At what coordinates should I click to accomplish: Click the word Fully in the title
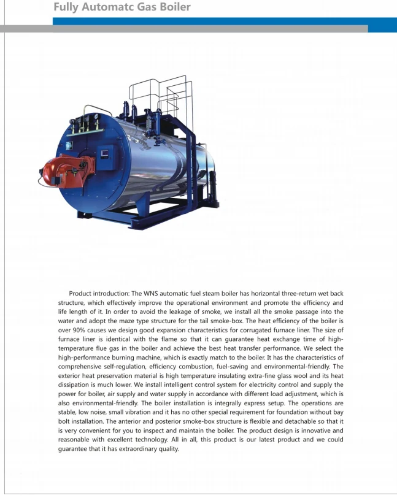66,7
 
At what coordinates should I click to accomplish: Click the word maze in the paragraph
146,321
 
